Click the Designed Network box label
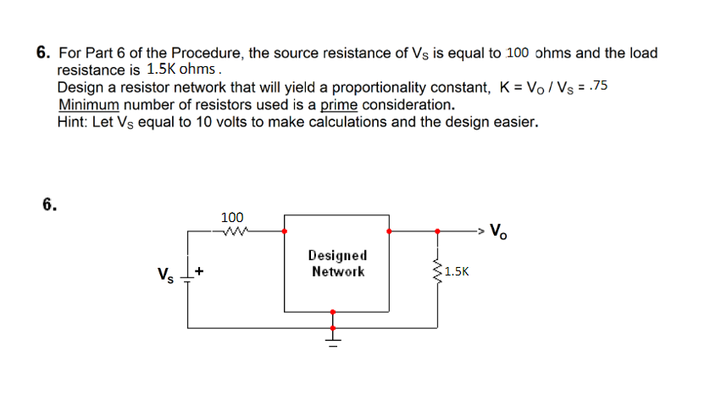337,264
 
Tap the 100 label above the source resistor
232,218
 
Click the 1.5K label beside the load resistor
457,272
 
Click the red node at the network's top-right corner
389,230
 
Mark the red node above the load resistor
437,230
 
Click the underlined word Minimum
91,105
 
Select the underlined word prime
340,105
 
